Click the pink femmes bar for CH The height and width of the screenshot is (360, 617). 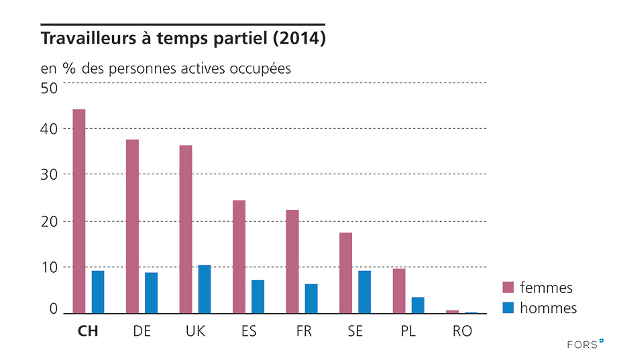[78, 211]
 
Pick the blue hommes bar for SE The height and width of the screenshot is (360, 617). [364, 292]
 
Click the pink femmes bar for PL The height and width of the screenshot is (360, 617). [399, 291]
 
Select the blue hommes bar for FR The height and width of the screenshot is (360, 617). [311, 298]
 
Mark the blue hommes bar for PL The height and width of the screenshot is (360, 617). [418, 305]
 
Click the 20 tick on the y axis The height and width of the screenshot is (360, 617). [50, 221]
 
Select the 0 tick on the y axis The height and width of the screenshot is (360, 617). [54, 310]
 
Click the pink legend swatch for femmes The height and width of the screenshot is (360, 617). [508, 288]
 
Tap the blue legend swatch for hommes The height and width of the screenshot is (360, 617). [508, 308]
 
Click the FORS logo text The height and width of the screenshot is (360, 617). [581, 345]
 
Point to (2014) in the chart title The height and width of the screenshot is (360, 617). [299, 39]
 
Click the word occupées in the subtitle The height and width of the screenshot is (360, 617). [261, 68]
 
